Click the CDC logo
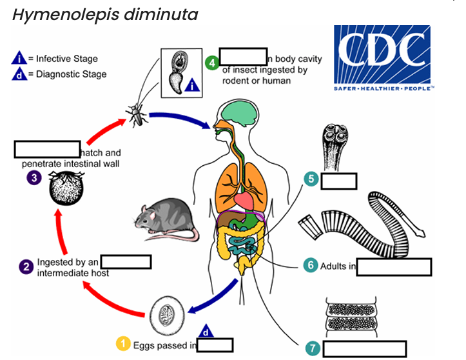[x=383, y=58]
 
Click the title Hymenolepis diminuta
[x=105, y=14]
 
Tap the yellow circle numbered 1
[x=122, y=345]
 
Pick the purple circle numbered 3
[x=31, y=177]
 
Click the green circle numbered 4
[x=211, y=63]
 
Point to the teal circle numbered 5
[x=311, y=179]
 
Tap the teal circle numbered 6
[x=310, y=265]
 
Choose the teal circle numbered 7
[x=313, y=348]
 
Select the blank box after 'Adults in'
[x=394, y=266]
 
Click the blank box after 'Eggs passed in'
[x=215, y=345]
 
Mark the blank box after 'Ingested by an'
[x=126, y=261]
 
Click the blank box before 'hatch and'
[x=47, y=149]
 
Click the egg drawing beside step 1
[x=166, y=315]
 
